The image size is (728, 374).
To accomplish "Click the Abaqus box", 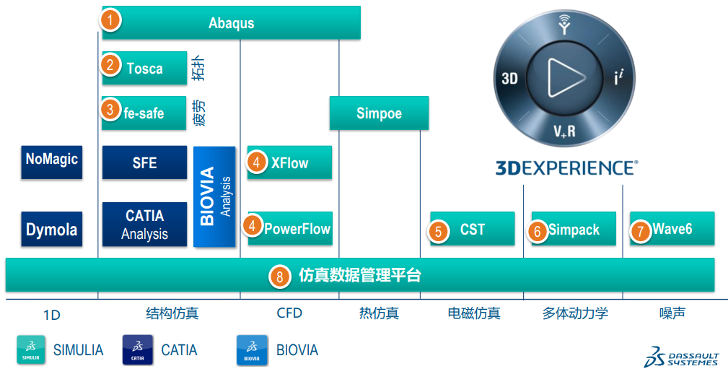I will click(x=231, y=22).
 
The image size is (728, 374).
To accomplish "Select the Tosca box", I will click(x=144, y=69).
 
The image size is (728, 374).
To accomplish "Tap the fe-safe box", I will click(x=144, y=113).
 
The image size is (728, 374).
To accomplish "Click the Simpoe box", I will click(x=379, y=113).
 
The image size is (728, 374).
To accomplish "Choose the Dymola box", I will click(x=51, y=230).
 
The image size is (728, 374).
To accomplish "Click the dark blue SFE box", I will click(x=144, y=162).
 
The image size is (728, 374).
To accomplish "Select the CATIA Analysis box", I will click(x=144, y=225).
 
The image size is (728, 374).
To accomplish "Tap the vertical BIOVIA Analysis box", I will click(x=215, y=196).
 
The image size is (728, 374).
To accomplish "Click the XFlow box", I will click(x=289, y=162).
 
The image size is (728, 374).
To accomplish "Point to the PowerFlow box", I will click(x=290, y=229).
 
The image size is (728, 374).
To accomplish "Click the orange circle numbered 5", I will click(x=439, y=230).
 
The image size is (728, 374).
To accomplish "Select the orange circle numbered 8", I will click(x=279, y=275).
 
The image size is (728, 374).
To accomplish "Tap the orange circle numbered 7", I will click(x=639, y=230).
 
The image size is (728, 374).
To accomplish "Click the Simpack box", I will click(x=574, y=230).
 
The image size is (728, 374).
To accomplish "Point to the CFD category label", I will click(x=289, y=313).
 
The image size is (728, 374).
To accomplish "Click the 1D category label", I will click(x=51, y=315).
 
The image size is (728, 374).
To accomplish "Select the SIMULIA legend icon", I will click(x=30, y=350).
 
